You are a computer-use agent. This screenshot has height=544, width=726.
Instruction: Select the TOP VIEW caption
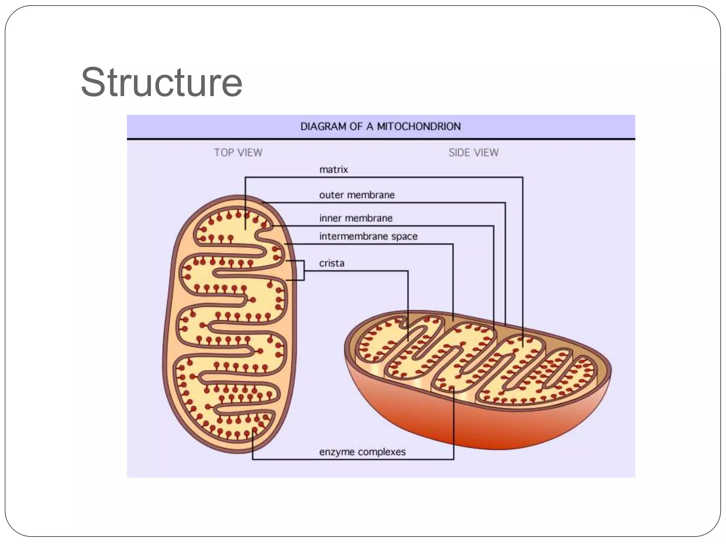click(x=238, y=153)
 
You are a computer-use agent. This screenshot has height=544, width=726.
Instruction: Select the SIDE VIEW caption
click(x=473, y=153)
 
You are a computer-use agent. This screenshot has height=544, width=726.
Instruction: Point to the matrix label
click(x=334, y=170)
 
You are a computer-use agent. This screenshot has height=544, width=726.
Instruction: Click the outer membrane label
click(x=357, y=195)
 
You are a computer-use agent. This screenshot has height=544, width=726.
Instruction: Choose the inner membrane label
click(x=356, y=218)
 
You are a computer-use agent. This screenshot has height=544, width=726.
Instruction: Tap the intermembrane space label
click(x=368, y=236)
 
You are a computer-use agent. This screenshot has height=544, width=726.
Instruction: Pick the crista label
click(x=331, y=263)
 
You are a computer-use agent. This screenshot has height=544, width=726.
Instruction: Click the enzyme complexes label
click(x=362, y=452)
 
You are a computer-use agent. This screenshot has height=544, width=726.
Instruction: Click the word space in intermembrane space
click(x=404, y=237)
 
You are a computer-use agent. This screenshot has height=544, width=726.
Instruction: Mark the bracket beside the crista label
click(x=303, y=271)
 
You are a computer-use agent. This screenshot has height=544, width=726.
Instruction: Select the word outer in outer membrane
click(x=331, y=195)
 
